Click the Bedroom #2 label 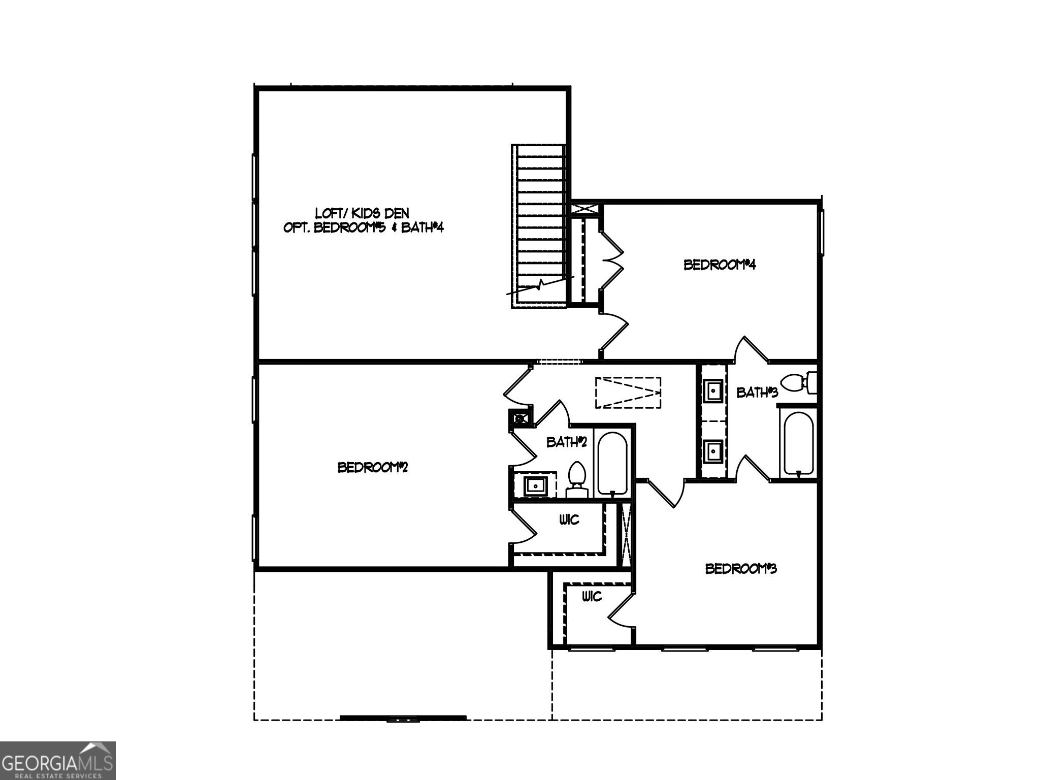373,467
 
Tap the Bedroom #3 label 741,569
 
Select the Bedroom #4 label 720,265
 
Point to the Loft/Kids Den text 362,213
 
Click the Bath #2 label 566,442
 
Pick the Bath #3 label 757,393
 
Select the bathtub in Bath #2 612,463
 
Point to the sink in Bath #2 535,485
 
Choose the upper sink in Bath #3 713,391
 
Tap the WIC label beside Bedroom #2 569,520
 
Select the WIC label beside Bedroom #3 592,596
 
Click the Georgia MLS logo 57,760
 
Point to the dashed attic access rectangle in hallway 628,392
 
